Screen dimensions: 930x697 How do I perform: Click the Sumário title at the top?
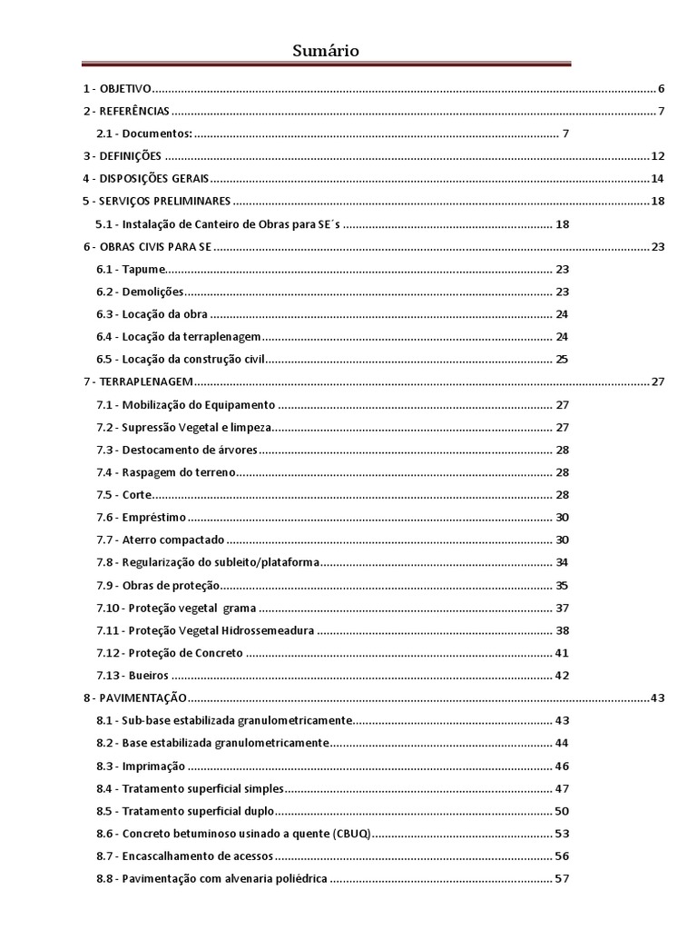(326, 51)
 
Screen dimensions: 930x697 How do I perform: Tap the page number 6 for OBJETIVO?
(662, 89)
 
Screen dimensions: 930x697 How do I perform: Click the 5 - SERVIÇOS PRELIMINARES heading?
(155, 201)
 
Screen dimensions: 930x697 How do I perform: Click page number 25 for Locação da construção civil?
(562, 359)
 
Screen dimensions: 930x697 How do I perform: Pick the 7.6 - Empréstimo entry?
(141, 517)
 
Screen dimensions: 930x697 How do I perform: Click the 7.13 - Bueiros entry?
(133, 675)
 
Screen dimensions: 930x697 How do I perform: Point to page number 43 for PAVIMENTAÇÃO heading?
(658, 697)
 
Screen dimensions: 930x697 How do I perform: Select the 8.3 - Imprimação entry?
(141, 765)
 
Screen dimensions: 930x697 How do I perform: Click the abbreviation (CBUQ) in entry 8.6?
(351, 833)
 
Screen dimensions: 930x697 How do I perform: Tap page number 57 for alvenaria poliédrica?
(562, 878)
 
